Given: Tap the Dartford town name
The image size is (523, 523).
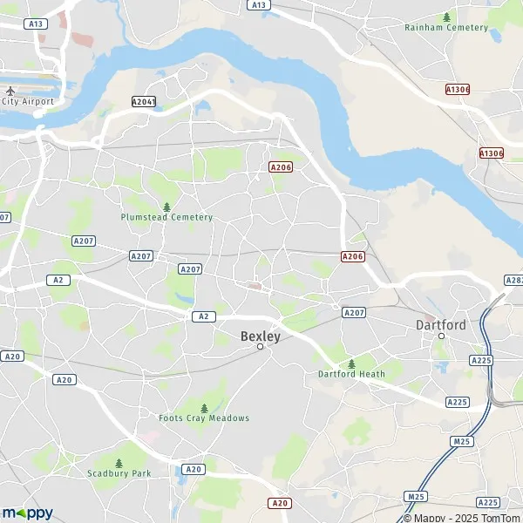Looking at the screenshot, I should click(441, 324).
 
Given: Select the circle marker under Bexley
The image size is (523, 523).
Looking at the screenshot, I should click(260, 347).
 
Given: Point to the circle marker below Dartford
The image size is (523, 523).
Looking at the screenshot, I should click(441, 336).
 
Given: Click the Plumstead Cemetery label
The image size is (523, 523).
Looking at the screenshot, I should click(166, 217).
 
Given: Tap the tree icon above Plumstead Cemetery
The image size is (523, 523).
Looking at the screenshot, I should click(166, 207).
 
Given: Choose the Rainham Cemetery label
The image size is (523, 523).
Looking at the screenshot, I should click(447, 27).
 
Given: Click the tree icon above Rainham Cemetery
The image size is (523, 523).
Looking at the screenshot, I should click(447, 17).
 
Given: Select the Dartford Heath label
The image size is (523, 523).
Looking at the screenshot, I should click(351, 375).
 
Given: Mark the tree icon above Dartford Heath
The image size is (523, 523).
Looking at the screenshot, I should click(351, 363).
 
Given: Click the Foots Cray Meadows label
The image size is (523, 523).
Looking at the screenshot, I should click(204, 418).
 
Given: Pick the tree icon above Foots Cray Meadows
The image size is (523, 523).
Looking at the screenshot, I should click(204, 407).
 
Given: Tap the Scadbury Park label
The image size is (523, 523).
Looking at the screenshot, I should click(119, 473).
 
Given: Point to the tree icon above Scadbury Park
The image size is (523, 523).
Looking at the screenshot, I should click(119, 462).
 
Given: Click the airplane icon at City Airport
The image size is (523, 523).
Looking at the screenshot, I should click(10, 91).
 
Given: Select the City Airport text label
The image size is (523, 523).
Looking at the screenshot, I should click(28, 101).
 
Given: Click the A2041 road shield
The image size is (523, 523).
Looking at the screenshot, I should click(144, 102).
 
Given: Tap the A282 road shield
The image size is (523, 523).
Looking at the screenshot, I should click(513, 280).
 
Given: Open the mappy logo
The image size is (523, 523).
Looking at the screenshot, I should click(28, 513).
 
